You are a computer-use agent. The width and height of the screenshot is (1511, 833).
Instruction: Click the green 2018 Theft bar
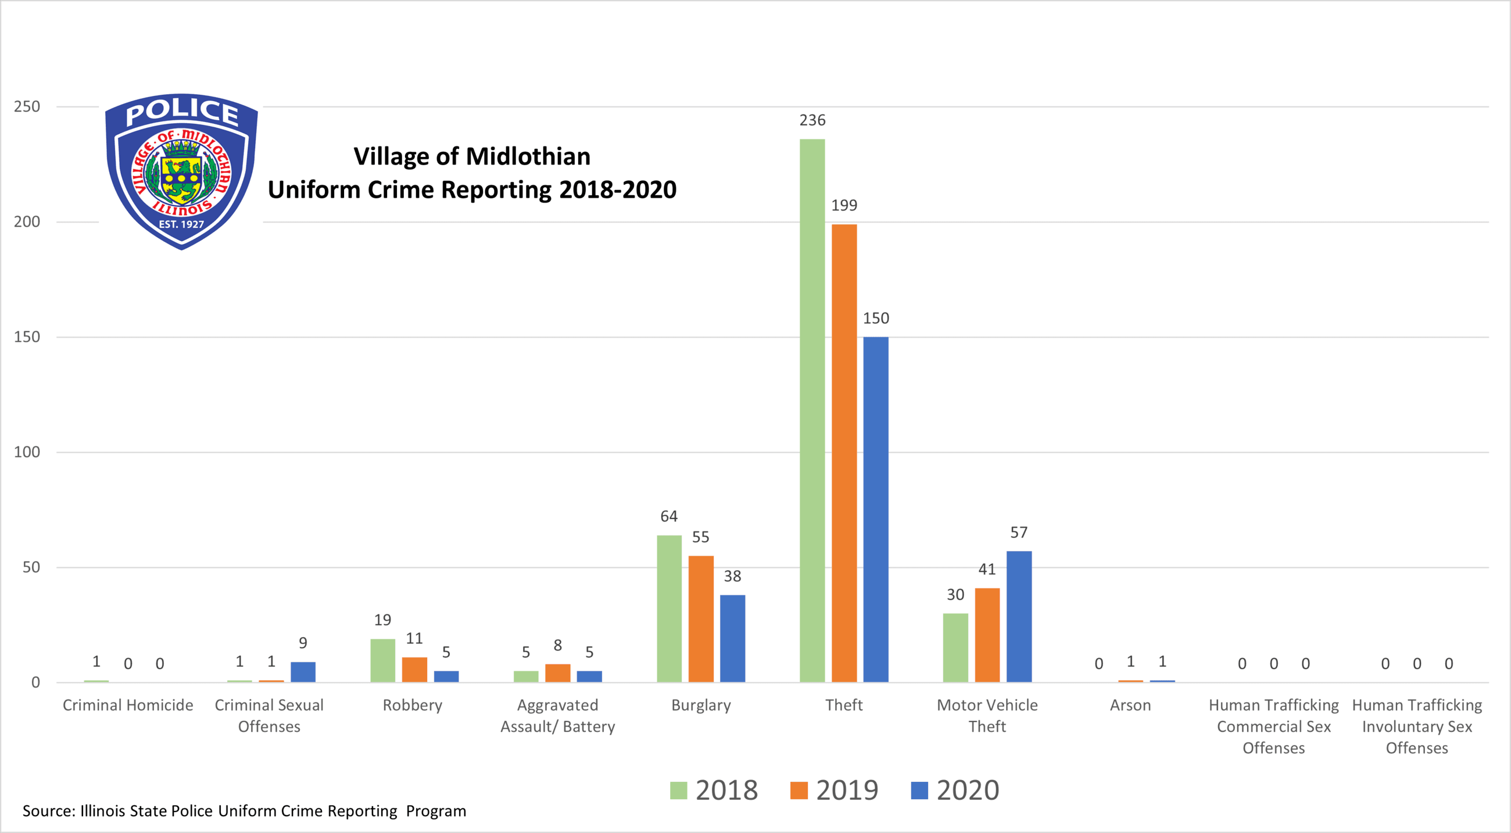click(x=812, y=410)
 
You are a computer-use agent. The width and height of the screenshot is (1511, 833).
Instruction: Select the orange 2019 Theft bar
click(x=843, y=452)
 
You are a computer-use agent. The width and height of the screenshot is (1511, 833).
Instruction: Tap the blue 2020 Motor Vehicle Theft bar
click(x=1019, y=616)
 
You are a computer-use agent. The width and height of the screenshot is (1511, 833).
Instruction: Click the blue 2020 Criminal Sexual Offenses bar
click(x=303, y=671)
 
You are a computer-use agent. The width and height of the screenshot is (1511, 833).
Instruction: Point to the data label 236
click(x=812, y=120)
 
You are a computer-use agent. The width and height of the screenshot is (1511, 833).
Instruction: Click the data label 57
click(x=1019, y=532)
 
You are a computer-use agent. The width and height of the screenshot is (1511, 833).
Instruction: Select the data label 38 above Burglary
click(x=732, y=576)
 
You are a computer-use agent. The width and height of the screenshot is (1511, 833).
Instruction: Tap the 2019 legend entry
click(x=834, y=790)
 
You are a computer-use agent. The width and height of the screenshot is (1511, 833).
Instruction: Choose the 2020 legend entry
click(x=955, y=790)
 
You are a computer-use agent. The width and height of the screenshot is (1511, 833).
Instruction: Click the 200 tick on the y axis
click(x=27, y=221)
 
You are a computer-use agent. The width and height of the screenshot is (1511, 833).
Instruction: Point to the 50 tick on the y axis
click(x=31, y=567)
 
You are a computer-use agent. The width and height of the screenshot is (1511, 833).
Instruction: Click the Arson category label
click(x=1130, y=705)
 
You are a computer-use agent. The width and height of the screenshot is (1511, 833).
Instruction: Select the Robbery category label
click(x=413, y=705)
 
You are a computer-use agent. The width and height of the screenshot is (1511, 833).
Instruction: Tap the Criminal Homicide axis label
click(x=128, y=705)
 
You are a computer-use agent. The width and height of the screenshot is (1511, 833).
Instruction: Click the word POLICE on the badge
click(x=182, y=112)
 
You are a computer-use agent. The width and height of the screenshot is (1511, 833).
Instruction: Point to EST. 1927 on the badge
click(x=181, y=224)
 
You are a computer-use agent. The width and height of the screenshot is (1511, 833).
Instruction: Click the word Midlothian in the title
click(x=528, y=156)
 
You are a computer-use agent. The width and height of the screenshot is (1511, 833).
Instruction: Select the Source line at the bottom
click(x=244, y=811)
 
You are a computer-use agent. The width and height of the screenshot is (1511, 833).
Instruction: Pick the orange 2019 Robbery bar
click(x=414, y=669)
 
